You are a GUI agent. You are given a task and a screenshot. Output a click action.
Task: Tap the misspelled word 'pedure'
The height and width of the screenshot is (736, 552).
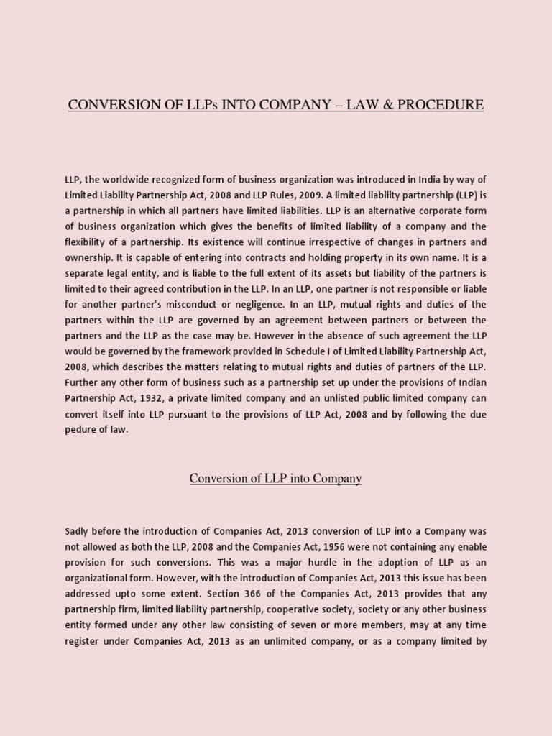(81, 430)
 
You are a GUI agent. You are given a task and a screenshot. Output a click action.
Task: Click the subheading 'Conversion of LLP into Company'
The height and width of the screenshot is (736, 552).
(275, 479)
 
